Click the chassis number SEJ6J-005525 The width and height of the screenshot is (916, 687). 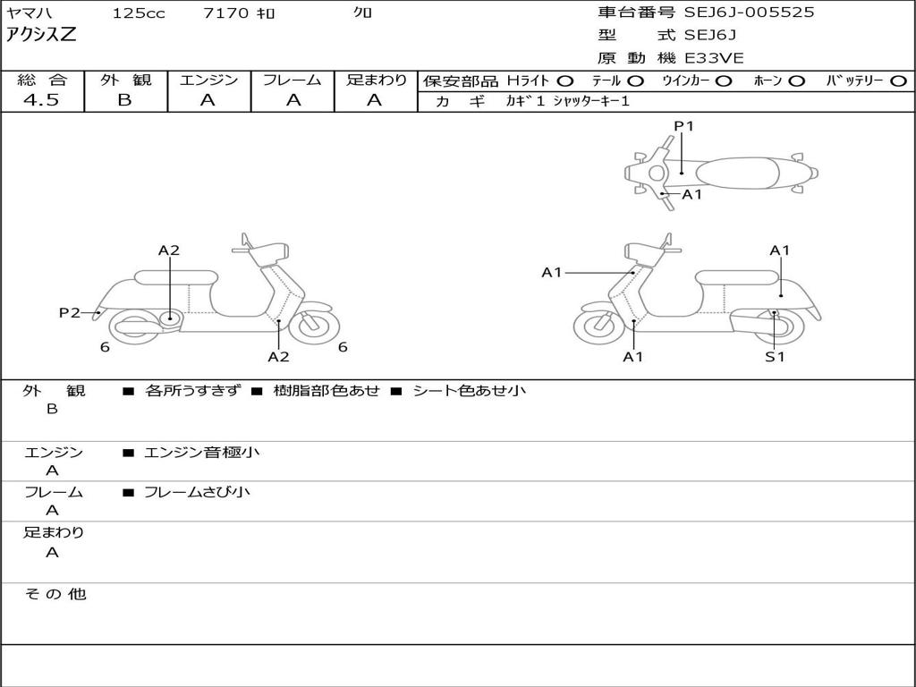[749, 13]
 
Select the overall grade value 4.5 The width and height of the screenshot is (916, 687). [41, 100]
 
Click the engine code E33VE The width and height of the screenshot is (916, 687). [714, 58]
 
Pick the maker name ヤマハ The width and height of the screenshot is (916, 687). [28, 13]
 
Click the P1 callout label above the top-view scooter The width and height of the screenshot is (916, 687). [684, 126]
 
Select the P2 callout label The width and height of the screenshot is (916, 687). [69, 312]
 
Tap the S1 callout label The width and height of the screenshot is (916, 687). [775, 357]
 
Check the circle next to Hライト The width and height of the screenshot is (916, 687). [565, 81]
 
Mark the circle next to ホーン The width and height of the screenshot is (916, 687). [796, 81]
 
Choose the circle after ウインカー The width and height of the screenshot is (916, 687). [724, 81]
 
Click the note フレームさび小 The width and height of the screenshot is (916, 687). [197, 492]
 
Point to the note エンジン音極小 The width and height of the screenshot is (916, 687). [201, 453]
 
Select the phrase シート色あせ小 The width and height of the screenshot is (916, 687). [469, 391]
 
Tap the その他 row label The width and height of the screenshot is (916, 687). [55, 594]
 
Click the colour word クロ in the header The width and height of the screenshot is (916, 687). [363, 13]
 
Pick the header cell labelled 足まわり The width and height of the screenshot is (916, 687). [376, 80]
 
